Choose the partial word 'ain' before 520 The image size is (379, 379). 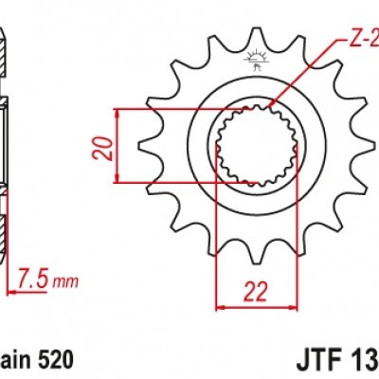point(16,360)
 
